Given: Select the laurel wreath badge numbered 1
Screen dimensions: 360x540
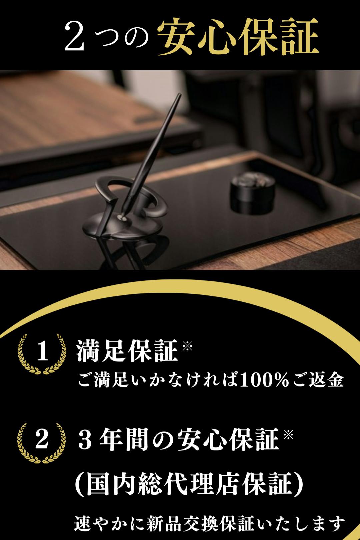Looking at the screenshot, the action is pos(42,354).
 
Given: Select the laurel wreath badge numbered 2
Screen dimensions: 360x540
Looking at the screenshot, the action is pos(41,443).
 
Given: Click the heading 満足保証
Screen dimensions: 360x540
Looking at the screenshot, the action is pos(127,351).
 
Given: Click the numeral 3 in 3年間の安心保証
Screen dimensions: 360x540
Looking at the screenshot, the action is pos(86,441).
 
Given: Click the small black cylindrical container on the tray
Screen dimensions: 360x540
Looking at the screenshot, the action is pos(252,194).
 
